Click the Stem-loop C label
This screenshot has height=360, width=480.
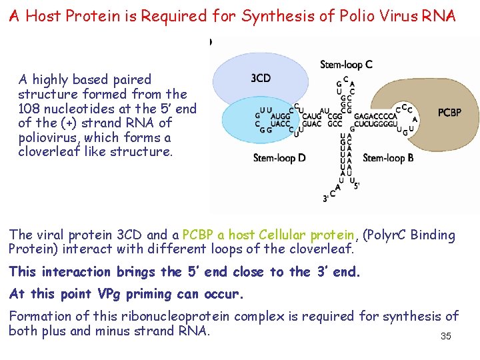coord(346,65)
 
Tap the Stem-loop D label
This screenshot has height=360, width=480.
coord(279,158)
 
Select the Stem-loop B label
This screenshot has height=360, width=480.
coord(388,158)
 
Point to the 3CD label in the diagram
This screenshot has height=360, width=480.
coord(261,79)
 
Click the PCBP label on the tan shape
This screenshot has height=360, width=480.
coord(449,113)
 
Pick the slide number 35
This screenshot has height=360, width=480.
coord(445,337)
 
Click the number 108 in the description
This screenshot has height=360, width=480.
coord(30,109)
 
